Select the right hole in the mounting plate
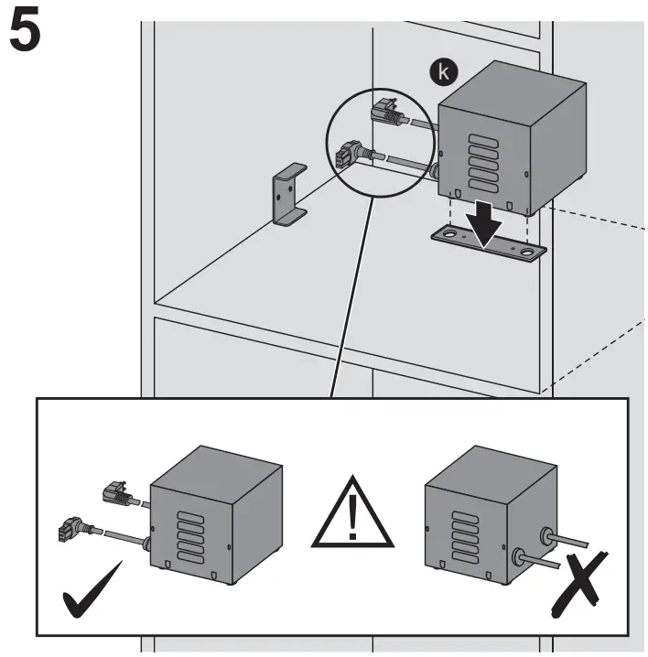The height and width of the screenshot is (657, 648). tap(527, 251)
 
